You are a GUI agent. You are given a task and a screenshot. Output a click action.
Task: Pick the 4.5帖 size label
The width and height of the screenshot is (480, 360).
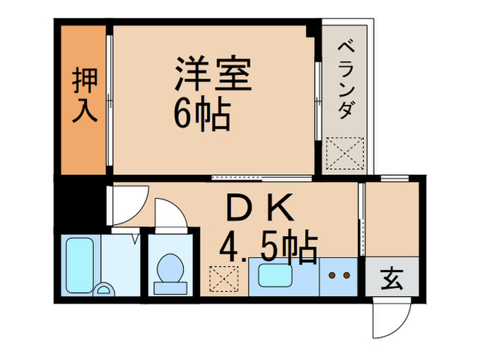click(x=267, y=248)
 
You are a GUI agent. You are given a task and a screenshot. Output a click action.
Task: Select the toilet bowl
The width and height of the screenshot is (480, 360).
click(x=169, y=267)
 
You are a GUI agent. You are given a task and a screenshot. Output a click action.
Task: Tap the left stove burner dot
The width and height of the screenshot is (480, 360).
click(x=332, y=276)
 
